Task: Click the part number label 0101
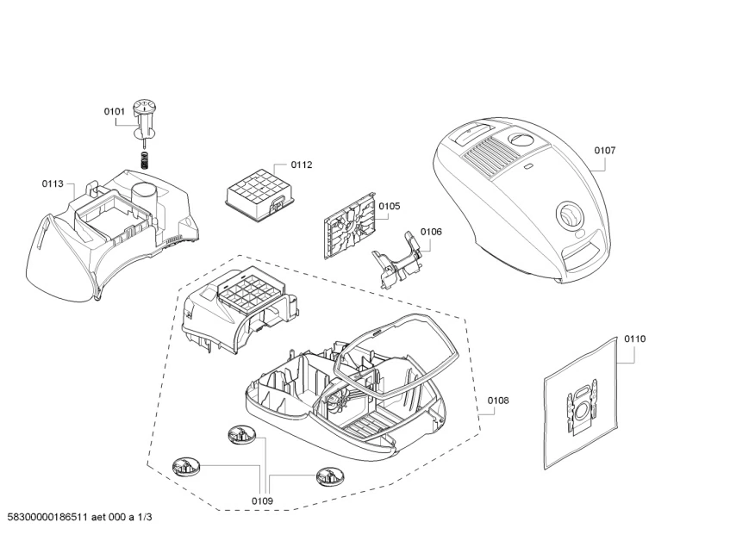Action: point(115,111)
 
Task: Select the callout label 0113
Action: point(53,183)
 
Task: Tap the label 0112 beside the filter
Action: point(301,165)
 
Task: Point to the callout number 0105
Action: point(390,206)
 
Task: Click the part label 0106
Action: point(431,232)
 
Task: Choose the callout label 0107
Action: point(605,150)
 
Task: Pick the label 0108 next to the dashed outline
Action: point(498,400)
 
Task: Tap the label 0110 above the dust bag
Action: point(634,339)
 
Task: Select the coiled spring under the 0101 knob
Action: point(146,159)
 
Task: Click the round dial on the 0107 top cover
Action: point(568,214)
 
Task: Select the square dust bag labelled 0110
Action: point(583,405)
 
